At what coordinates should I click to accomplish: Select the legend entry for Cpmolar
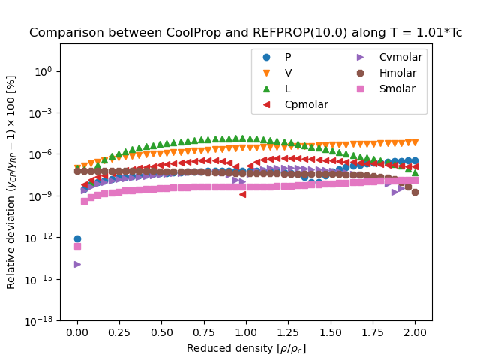pos(306,104)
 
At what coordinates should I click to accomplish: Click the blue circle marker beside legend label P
pos(265,57)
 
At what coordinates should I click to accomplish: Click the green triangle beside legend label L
pos(265,88)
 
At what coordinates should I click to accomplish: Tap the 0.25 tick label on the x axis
pos(119,332)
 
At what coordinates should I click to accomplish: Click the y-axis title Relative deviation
pos(11,181)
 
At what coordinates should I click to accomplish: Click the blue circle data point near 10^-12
pos(77,238)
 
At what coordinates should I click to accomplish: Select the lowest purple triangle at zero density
pos(77,264)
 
